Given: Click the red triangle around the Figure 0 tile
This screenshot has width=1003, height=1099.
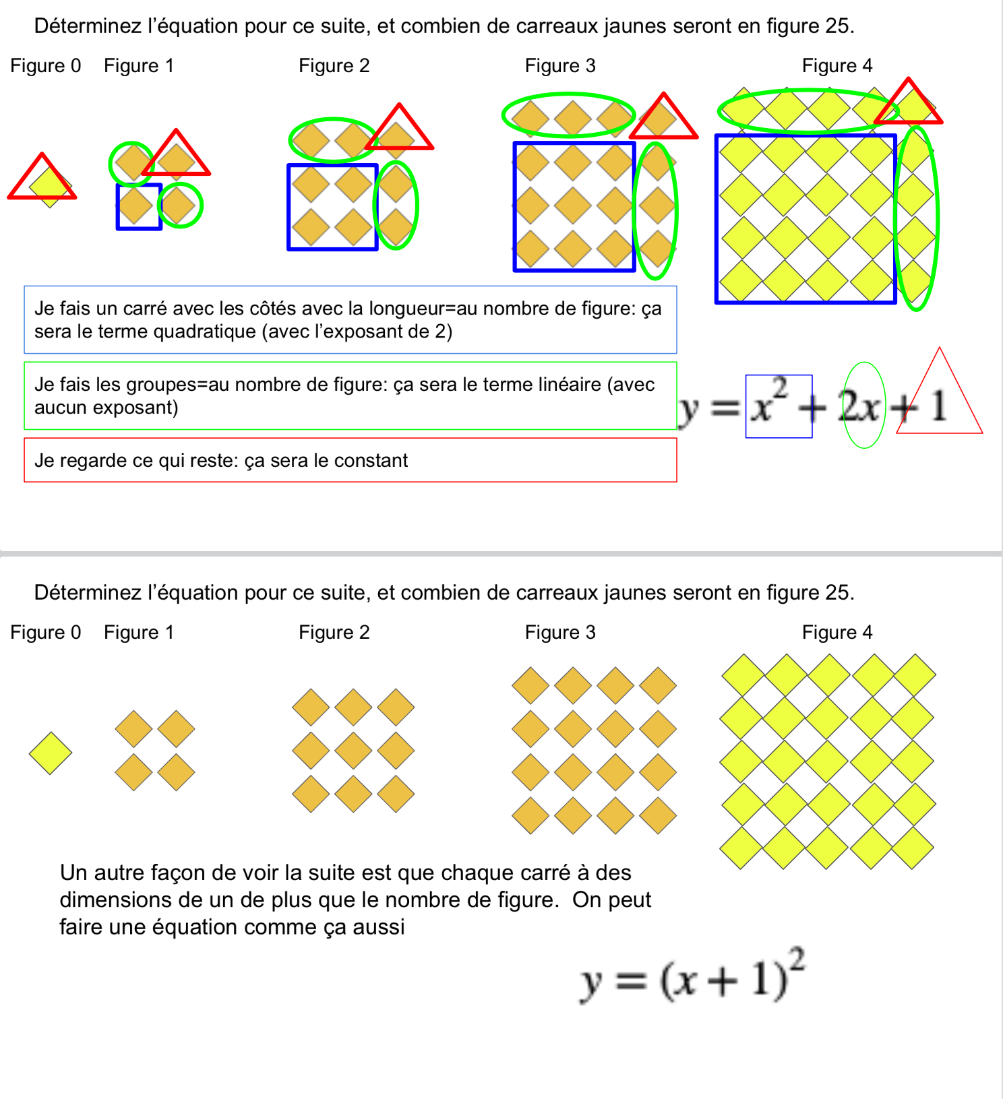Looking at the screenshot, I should tap(42, 178).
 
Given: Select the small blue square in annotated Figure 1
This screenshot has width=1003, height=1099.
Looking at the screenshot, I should tap(139, 207).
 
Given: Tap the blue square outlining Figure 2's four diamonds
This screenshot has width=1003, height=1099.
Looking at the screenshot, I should tap(332, 207).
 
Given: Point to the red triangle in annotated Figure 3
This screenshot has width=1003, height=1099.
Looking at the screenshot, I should tap(663, 118).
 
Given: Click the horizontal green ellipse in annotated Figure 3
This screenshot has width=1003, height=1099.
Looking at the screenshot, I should tap(568, 116).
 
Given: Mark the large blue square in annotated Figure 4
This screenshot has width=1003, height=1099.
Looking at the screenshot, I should tap(806, 219).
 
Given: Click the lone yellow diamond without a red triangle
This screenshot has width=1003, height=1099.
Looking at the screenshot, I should tap(51, 753).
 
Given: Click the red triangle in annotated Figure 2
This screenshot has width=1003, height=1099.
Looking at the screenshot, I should tap(399, 128).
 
